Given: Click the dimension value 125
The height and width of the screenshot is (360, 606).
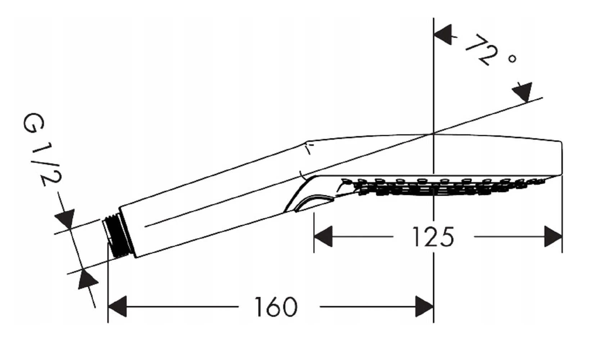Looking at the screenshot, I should (433, 237).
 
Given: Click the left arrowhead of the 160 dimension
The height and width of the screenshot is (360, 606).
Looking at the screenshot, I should (117, 307).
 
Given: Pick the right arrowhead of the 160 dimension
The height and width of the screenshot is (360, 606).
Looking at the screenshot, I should (424, 307).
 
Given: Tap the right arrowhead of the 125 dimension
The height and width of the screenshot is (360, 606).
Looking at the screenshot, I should (553, 237).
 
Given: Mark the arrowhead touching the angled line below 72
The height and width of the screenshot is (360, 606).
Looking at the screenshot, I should (523, 92).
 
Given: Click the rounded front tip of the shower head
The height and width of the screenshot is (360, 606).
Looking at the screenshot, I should (560, 158).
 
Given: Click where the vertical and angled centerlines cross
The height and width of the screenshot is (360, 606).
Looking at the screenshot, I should (433, 133).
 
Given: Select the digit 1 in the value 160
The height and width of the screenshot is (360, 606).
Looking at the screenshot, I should (258, 307).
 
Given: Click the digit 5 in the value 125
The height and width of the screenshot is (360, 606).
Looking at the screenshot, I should (446, 237).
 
